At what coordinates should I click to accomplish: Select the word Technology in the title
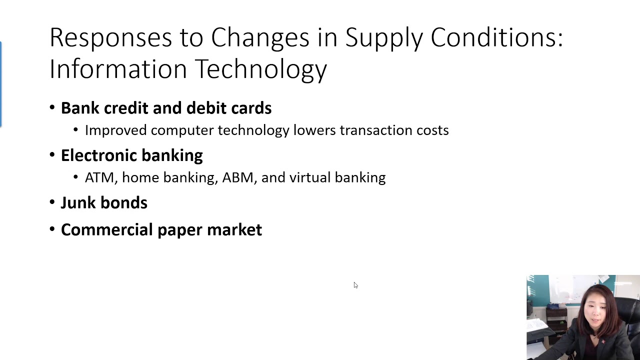coord(260,69)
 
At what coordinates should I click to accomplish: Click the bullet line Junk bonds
coord(104,202)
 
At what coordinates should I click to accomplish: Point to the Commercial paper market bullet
coord(161,229)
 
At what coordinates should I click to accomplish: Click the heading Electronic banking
coord(131,155)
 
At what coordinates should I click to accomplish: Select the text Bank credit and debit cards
coord(166,108)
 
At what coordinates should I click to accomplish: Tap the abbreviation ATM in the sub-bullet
coord(99,177)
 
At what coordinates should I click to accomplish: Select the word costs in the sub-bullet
coord(432,130)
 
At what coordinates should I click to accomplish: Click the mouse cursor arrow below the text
coord(355,285)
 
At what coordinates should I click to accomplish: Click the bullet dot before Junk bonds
coord(52,202)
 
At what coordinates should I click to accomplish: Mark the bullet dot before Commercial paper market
coord(52,229)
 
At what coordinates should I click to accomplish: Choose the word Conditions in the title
coord(496,38)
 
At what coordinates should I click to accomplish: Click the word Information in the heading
coord(117,69)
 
